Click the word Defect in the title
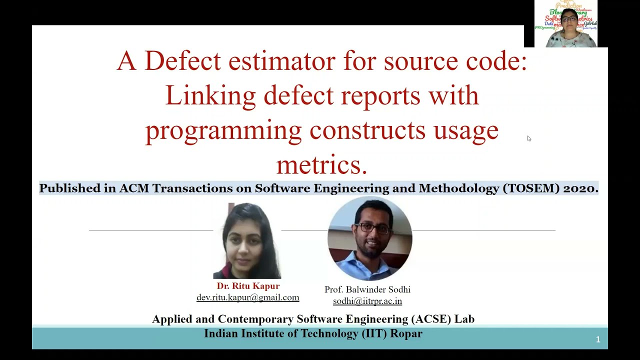point(182,61)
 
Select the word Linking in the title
point(210,95)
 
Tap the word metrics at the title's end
point(321,164)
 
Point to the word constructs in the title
point(367,130)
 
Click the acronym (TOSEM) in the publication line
point(531,188)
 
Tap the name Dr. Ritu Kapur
point(248,286)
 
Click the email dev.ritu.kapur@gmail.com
point(248,297)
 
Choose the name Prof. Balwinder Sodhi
point(367,289)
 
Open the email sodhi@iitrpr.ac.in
point(367,301)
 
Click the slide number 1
point(598,340)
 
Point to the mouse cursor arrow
point(528,138)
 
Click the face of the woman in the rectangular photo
point(246,240)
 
